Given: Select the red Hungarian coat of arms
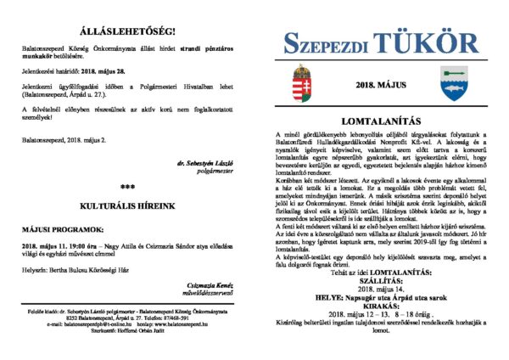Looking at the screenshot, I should point(302,82).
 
